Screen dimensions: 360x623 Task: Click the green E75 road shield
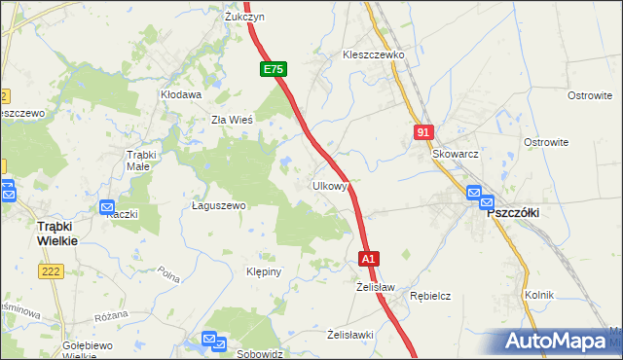274,70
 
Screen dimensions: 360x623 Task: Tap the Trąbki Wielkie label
38,233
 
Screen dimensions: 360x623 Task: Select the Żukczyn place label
245,18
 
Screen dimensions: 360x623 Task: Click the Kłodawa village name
181,95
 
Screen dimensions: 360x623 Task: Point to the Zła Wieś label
233,120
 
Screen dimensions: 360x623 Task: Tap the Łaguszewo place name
218,206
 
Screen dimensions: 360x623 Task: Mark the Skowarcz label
456,154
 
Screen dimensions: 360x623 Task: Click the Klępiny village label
264,271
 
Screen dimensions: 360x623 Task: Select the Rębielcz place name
429,295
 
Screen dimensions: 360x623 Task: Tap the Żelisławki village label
350,335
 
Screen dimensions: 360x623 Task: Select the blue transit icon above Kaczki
108,207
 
